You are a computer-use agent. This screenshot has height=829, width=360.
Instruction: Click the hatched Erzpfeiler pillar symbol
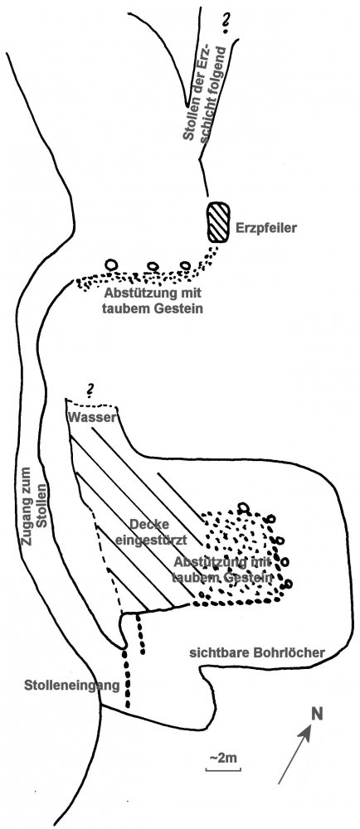[x=219, y=222]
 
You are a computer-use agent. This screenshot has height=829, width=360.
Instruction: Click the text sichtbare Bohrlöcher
[x=257, y=652]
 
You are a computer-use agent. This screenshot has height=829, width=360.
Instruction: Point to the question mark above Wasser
[x=90, y=390]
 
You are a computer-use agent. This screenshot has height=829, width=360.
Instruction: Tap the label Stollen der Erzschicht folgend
[x=198, y=94]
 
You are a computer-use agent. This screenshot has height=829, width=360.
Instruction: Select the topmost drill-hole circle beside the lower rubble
[x=243, y=508]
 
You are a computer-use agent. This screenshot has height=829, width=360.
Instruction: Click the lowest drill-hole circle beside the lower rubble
[x=288, y=584]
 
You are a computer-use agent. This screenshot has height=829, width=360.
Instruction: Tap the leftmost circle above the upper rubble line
[x=111, y=264]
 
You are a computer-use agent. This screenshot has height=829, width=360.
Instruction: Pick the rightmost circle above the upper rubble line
[x=184, y=265]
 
